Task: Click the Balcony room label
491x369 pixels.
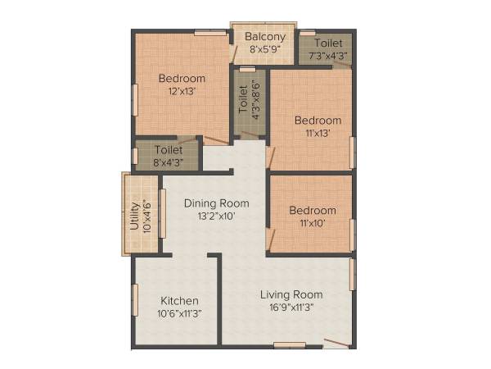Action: [x=265, y=37]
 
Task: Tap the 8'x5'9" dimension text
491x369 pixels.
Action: [x=265, y=48]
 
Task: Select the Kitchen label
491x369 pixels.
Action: [x=179, y=300]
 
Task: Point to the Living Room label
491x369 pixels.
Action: [x=291, y=294]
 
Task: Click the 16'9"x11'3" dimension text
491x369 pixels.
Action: [x=291, y=307]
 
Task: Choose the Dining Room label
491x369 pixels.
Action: [x=216, y=203]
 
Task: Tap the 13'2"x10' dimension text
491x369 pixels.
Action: [x=216, y=216]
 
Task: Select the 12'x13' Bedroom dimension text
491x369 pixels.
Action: [x=182, y=91]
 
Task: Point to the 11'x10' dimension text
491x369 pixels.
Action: [x=312, y=222]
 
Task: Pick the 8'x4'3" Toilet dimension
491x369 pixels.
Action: [x=169, y=162]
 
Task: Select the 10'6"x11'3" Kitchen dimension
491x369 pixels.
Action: [x=179, y=312]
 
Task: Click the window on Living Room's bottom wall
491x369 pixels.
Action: [x=290, y=345]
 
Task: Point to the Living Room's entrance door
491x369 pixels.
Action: [x=336, y=342]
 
